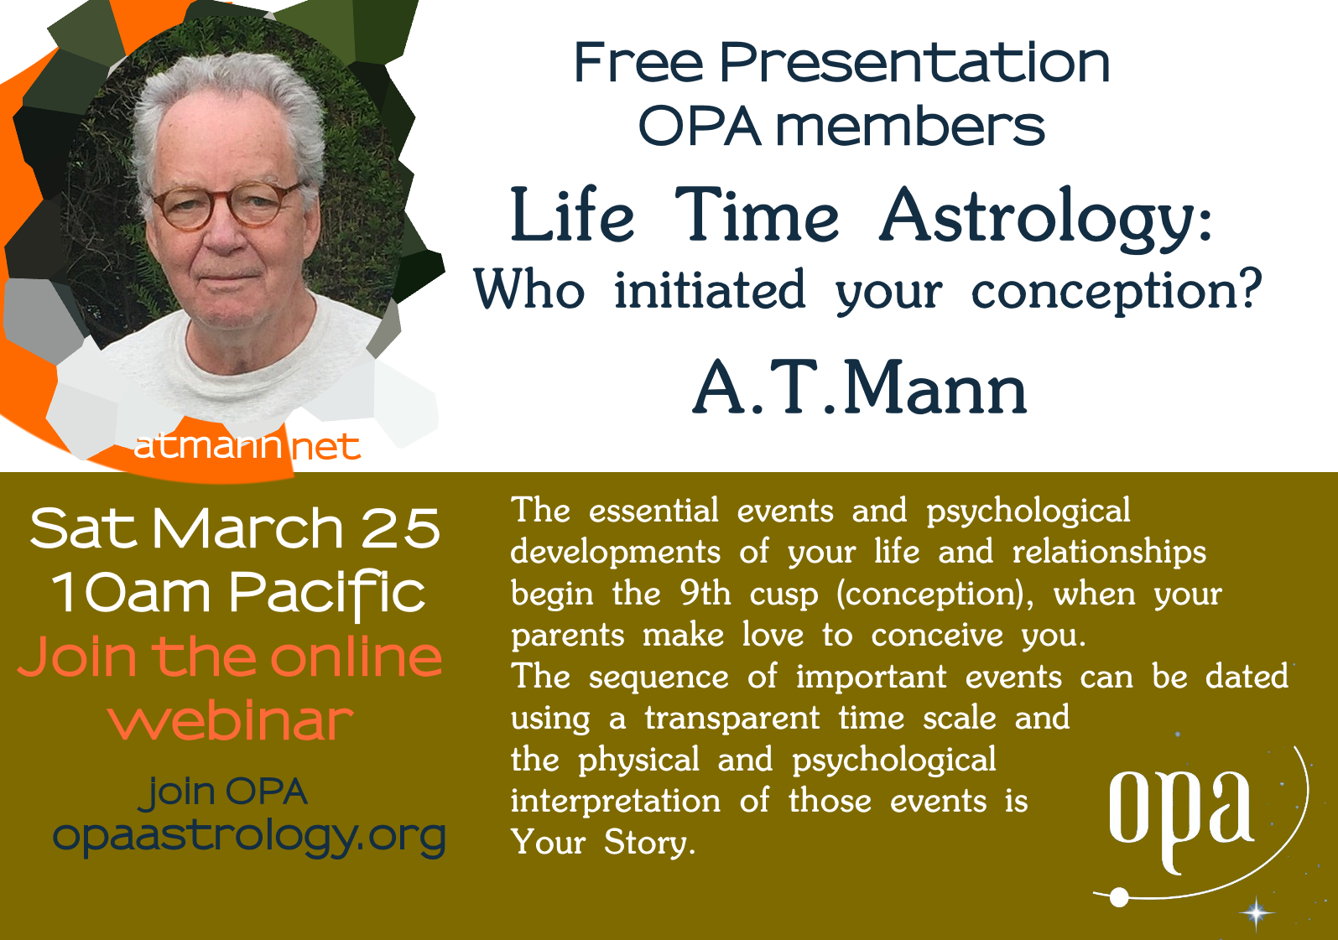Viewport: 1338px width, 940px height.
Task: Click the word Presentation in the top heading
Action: [x=914, y=62]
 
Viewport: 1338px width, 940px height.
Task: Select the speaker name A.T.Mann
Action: [x=859, y=388]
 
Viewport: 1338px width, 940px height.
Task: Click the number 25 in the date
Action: [x=401, y=528]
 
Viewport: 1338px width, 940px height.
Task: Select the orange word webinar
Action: [x=232, y=721]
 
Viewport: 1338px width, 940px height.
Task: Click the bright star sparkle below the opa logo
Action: [x=1256, y=912]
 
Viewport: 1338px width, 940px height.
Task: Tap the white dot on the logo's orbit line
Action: [x=1119, y=897]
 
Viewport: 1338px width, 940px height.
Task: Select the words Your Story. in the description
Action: [x=603, y=843]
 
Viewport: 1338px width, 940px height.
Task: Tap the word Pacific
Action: [x=327, y=594]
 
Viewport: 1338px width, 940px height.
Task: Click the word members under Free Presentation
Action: [x=909, y=127]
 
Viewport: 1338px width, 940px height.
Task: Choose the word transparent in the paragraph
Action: [x=732, y=718]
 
